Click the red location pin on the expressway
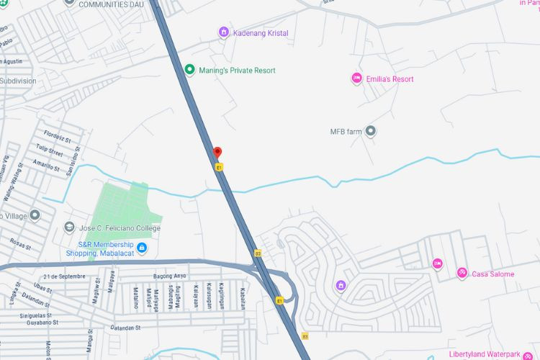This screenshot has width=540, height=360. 217,153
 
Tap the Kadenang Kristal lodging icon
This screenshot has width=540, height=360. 223,32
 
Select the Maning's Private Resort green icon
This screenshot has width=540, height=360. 189,70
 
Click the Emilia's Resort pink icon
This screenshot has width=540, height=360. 356,78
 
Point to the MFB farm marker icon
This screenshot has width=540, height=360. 371,131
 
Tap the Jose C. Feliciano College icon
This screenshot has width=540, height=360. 68,228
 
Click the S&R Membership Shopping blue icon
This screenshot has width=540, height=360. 142,248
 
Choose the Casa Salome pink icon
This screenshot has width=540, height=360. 462,274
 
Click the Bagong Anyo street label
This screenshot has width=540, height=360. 169,276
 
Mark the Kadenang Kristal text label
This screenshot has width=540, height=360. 260,33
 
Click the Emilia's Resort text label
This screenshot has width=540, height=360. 390,78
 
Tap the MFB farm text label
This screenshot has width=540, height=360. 344,132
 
